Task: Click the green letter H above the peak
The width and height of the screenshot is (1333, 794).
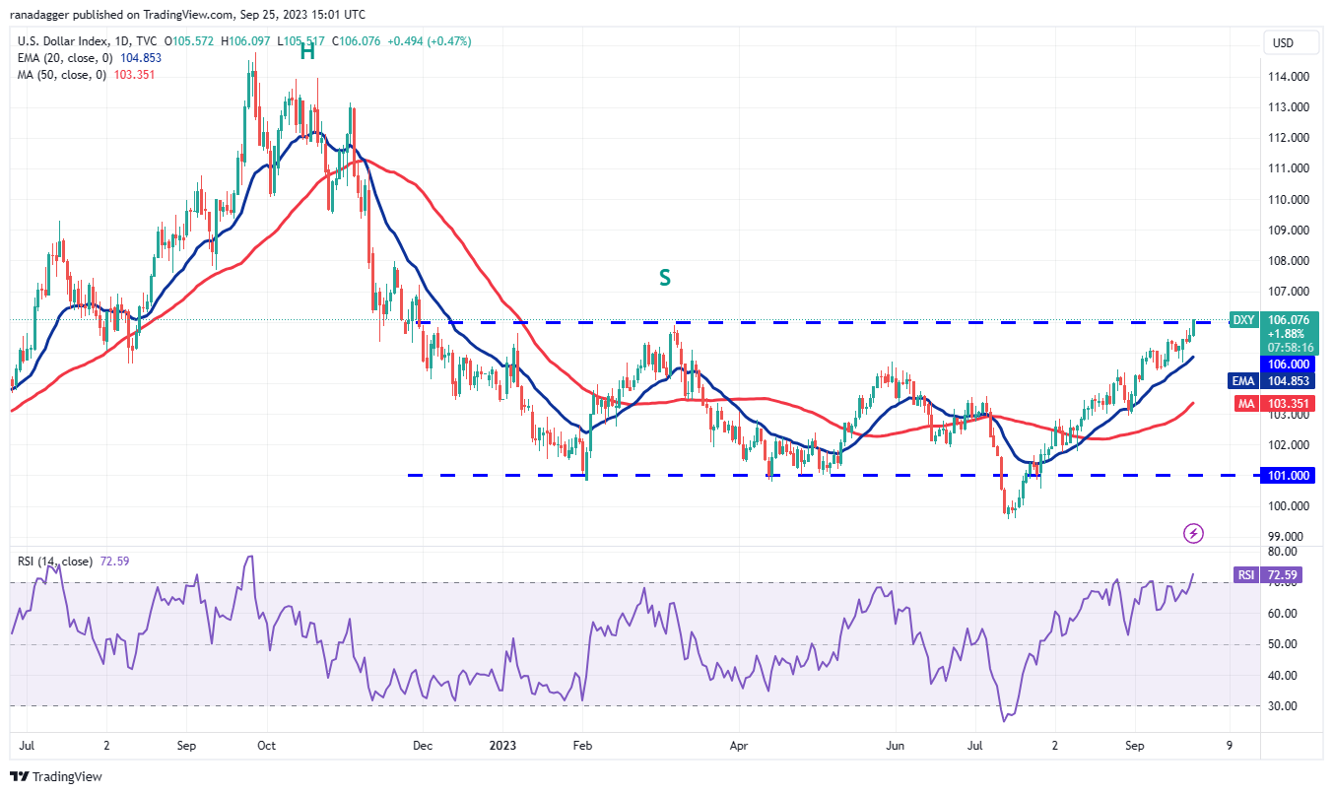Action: pos(307,52)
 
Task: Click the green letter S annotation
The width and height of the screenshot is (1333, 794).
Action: pos(665,278)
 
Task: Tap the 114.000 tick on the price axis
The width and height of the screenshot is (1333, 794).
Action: pos(1287,77)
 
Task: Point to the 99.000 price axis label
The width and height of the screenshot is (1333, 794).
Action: pos(1287,537)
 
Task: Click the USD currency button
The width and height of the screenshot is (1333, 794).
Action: pos(1283,43)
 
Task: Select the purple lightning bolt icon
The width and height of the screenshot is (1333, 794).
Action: pos(1193,534)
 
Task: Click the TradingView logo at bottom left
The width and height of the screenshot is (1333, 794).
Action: pos(58,776)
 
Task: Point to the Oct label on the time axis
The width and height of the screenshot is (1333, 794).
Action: pos(265,746)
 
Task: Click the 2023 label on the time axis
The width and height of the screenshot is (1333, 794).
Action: pos(503,746)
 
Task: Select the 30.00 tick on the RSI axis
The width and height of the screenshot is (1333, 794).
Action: pos(1282,706)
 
